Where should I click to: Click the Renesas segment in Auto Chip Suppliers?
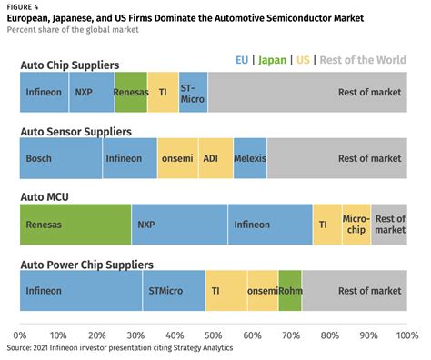131,92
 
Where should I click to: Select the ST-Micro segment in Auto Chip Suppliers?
193,92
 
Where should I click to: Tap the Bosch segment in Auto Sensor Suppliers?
61,158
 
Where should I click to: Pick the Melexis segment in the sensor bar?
250,158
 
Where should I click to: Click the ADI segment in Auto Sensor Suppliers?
215,158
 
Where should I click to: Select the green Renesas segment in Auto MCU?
75,225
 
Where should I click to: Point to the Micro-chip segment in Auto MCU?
356,225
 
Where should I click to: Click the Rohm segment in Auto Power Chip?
290,291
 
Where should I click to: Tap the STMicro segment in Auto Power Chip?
174,291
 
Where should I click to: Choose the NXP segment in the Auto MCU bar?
179,225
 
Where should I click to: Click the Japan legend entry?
272,60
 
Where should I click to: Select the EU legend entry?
242,60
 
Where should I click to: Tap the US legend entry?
303,60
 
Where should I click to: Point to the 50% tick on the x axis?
214,335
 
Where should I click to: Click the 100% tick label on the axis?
407,335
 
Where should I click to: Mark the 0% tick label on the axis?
20,335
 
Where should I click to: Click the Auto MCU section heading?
45,197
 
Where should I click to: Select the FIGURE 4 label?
23,7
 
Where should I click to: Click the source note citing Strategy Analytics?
120,347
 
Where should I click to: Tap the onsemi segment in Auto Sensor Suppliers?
178,158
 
